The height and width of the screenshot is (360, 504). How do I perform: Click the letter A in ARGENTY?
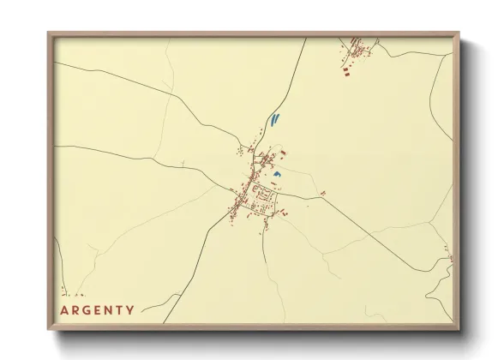(x=64, y=309)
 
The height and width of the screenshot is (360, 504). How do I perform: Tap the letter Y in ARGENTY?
(x=130, y=309)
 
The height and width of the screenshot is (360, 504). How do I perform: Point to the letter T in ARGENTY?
(x=119, y=309)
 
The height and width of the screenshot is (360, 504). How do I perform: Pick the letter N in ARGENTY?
(x=108, y=309)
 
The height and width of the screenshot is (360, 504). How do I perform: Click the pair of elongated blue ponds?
(x=273, y=120)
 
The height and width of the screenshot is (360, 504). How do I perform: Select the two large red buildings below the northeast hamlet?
(x=350, y=74)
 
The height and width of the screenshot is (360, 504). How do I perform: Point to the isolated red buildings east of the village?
(x=322, y=193)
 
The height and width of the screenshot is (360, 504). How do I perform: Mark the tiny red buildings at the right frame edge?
(x=447, y=252)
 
